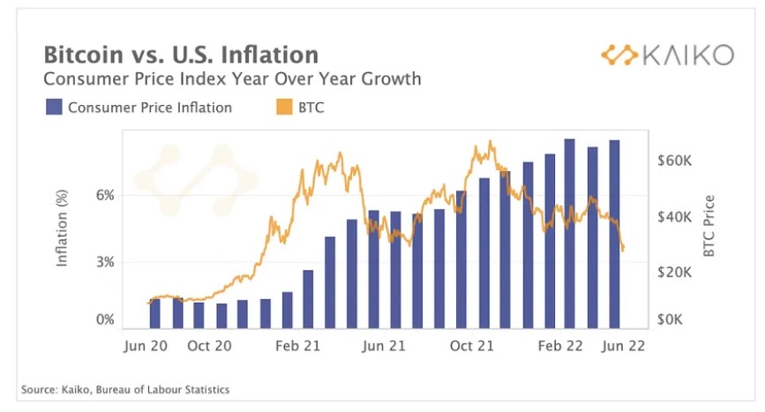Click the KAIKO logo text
[686, 56]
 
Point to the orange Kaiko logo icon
[619, 56]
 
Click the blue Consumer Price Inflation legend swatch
[53, 108]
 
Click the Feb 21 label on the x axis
[297, 347]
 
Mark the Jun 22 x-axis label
[624, 347]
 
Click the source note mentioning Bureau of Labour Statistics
[124, 389]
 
